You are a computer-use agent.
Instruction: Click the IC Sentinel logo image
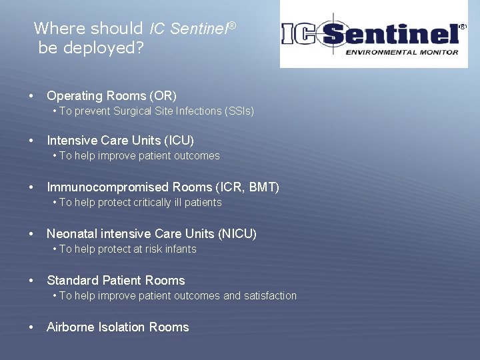click(x=373, y=34)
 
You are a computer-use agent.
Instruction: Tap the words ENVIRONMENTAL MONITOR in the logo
click(x=401, y=52)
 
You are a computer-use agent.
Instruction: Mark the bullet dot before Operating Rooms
click(x=31, y=96)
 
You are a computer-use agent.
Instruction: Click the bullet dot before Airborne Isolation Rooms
click(x=31, y=327)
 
